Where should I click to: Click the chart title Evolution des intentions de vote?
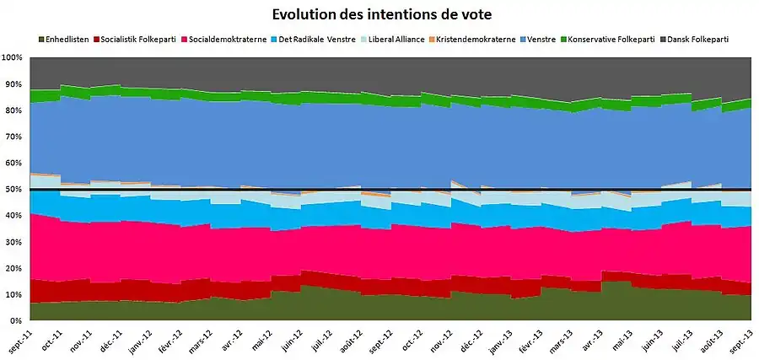[381, 15]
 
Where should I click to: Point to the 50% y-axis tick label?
[13, 190]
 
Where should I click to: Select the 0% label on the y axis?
[16, 321]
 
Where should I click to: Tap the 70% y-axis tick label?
[13, 137]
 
